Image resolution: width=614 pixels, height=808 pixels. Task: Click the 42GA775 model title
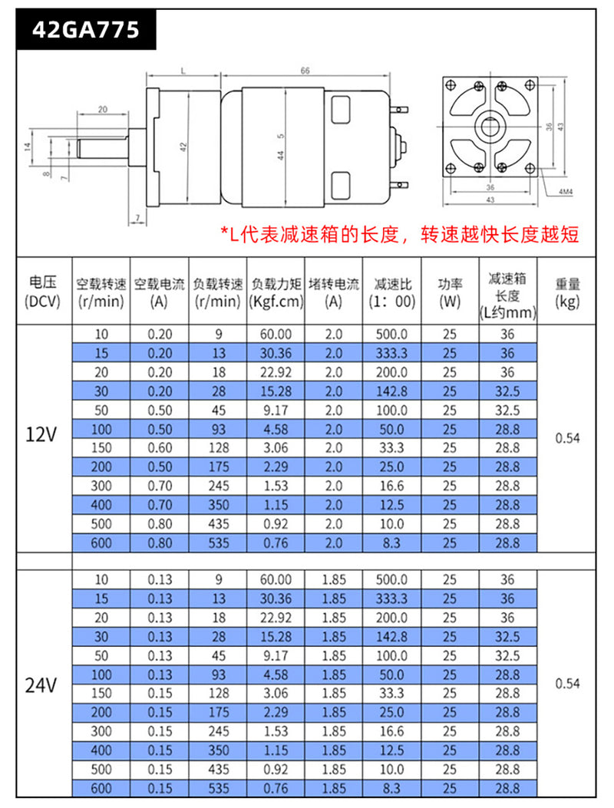[x=86, y=30]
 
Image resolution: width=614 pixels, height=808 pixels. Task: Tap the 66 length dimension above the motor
[x=305, y=71]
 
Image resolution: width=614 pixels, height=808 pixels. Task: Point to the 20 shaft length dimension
[x=103, y=110]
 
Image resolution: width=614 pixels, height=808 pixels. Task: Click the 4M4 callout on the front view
[x=568, y=191]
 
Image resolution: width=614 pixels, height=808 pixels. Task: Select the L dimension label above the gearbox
[x=183, y=71]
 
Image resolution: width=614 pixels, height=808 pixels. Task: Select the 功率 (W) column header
[x=450, y=292]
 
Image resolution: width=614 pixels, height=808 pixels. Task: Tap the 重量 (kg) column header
[x=567, y=292]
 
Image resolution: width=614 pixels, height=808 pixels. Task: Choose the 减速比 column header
[x=391, y=292]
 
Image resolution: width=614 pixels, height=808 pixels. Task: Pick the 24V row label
[x=41, y=684]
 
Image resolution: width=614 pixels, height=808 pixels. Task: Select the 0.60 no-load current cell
[x=160, y=447]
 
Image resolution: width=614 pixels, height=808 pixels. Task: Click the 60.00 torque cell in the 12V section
[x=276, y=334]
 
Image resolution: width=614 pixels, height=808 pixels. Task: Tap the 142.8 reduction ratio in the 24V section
[x=391, y=637]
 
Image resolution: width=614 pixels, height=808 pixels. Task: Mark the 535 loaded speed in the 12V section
[x=219, y=543]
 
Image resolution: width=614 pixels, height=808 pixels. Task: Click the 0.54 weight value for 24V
[x=567, y=684]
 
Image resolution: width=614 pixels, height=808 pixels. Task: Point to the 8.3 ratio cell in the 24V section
[x=391, y=788]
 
